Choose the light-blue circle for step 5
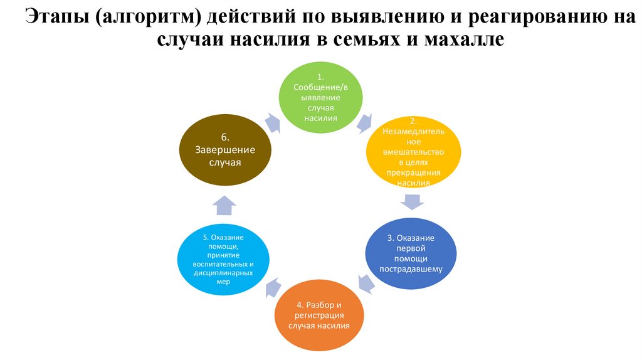tap(224, 258)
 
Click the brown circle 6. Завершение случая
tap(226, 149)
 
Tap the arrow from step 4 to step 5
tap(273, 287)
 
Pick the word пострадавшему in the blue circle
tap(411, 268)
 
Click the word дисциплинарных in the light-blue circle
tap(224, 273)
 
